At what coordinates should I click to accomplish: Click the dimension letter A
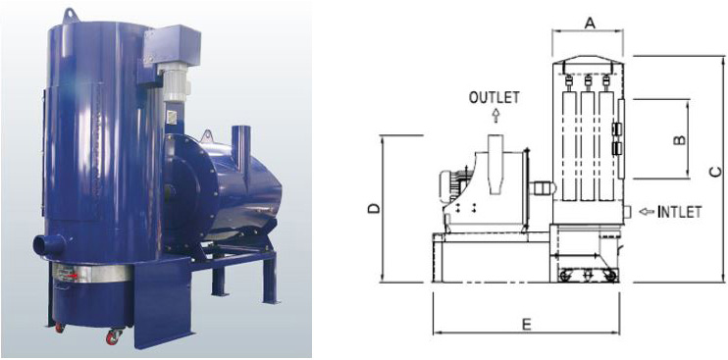[x=590, y=23]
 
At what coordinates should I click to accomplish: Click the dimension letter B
[x=679, y=139]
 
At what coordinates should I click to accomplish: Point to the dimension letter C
[x=716, y=172]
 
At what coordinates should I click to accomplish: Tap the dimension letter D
[x=374, y=209]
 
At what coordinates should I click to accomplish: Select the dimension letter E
[x=526, y=325]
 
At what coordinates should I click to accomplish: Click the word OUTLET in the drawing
[x=494, y=97]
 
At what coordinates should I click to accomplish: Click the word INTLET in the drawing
[x=679, y=212]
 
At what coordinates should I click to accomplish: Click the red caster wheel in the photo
[x=113, y=337]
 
